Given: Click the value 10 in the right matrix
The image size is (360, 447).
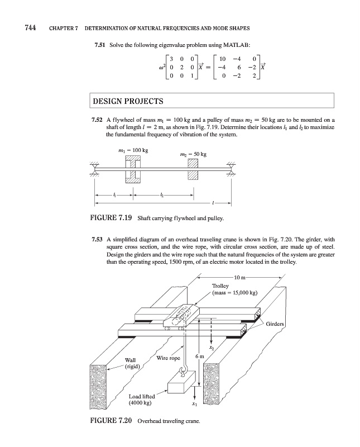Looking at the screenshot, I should pyautogui.click(x=222, y=59).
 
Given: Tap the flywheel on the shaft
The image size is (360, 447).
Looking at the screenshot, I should pyautogui.click(x=132, y=170).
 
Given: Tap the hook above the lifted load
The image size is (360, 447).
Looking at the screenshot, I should pyautogui.click(x=189, y=368).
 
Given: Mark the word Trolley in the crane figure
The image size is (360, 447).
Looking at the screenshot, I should pyautogui.click(x=220, y=286).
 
